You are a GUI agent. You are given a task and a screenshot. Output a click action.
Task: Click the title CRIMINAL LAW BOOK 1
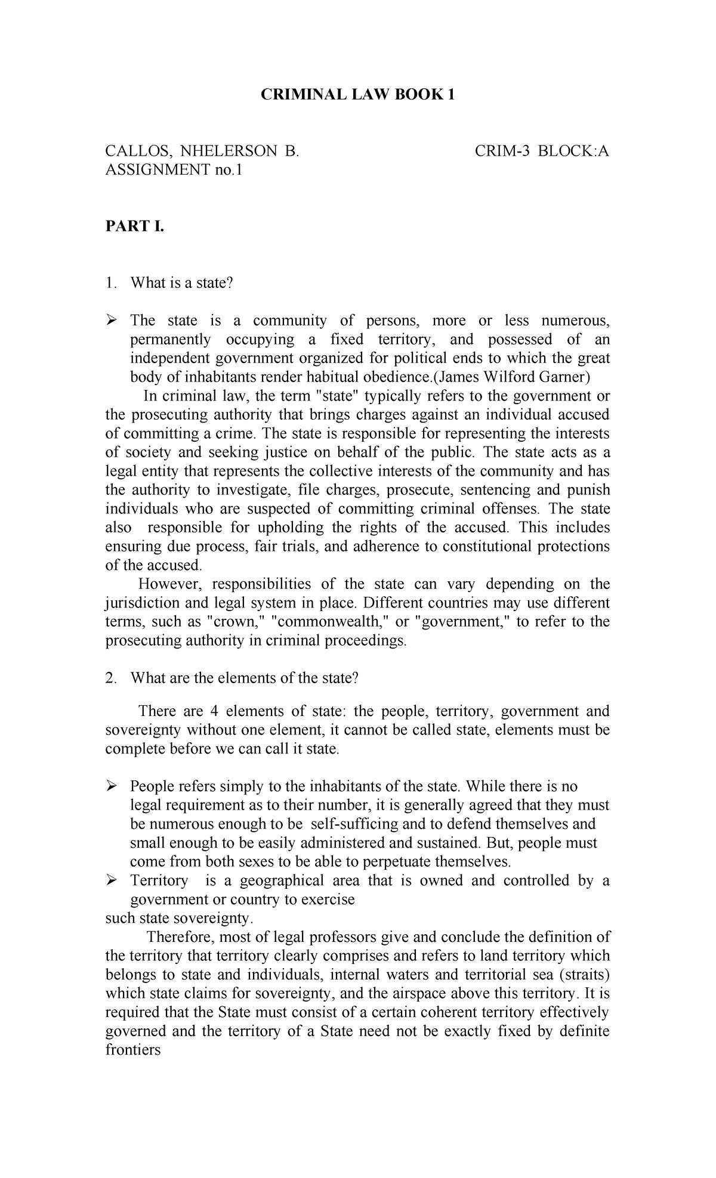357,95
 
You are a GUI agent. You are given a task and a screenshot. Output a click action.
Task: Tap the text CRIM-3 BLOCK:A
542,151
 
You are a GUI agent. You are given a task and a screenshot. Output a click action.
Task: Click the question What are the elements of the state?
245,678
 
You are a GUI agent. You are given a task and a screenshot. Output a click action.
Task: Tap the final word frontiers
133,1050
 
